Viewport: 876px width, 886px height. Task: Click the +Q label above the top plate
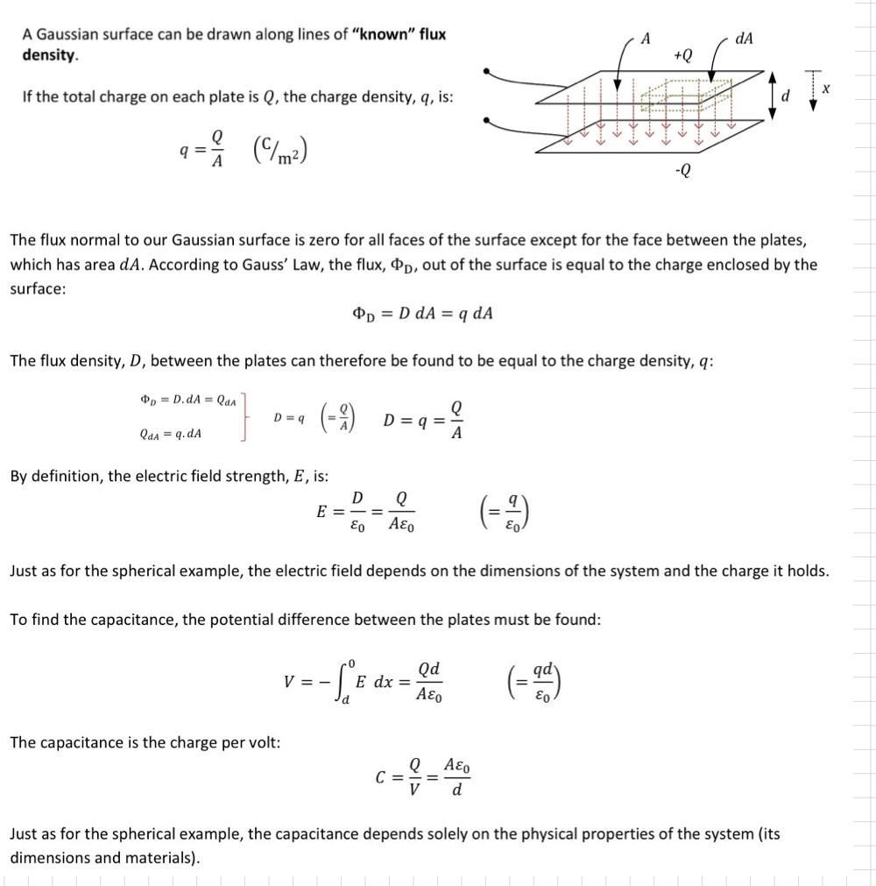point(683,54)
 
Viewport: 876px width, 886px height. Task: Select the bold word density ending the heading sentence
point(49,54)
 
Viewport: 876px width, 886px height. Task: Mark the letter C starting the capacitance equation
point(380,777)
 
